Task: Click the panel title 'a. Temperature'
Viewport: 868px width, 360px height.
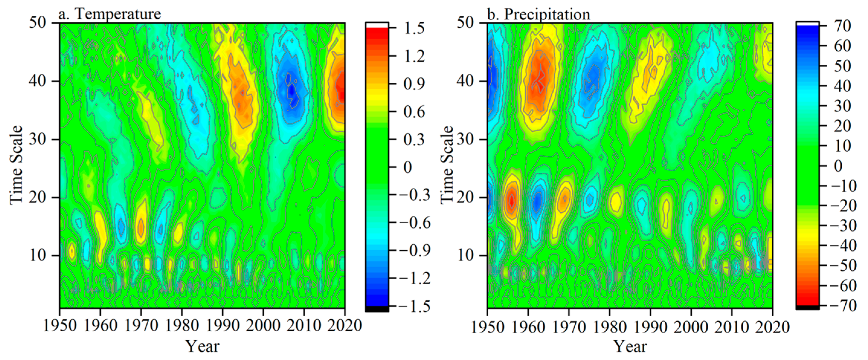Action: (110, 14)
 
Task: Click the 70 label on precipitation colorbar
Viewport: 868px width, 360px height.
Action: (842, 26)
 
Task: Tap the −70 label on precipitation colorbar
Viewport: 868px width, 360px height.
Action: (842, 306)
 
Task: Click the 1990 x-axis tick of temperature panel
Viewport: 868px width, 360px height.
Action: (222, 326)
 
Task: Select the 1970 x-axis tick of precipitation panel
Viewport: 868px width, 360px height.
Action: (569, 327)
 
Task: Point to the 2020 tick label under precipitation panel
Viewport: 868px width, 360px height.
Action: (772, 327)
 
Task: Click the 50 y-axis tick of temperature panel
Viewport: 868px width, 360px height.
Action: (37, 23)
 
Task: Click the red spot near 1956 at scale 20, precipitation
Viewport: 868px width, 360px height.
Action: (512, 200)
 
